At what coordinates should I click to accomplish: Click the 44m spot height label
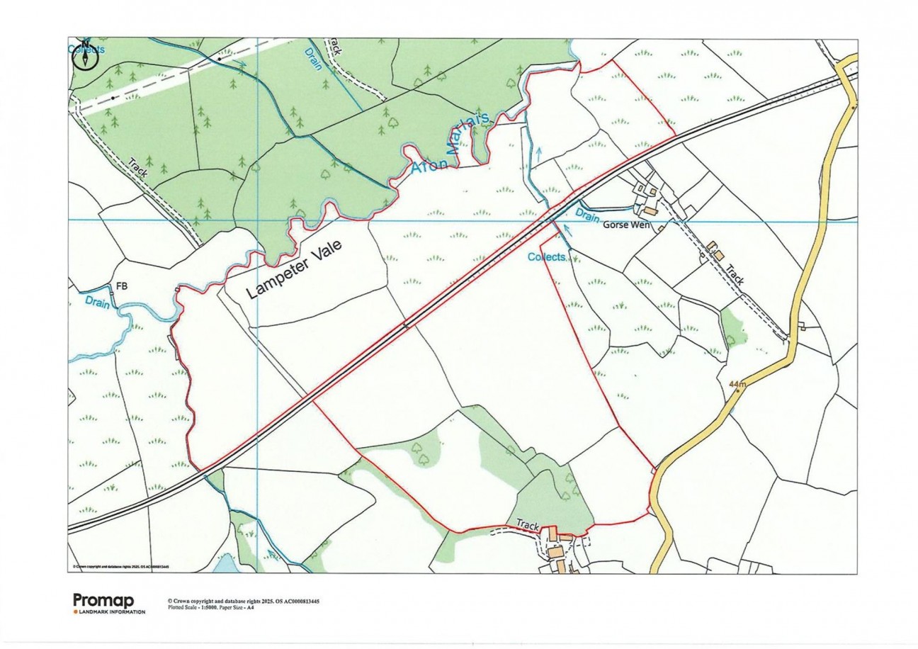click(737, 383)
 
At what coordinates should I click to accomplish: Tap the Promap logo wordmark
click(103, 600)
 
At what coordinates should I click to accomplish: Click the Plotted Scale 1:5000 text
click(202, 607)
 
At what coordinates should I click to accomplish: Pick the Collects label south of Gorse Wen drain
click(547, 256)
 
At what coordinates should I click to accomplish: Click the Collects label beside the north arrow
click(86, 50)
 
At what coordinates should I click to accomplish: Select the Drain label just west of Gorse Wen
click(588, 214)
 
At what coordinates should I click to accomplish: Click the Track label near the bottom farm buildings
click(528, 525)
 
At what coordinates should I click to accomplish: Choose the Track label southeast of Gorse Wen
click(734, 275)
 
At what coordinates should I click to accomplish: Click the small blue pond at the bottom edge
click(226, 564)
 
